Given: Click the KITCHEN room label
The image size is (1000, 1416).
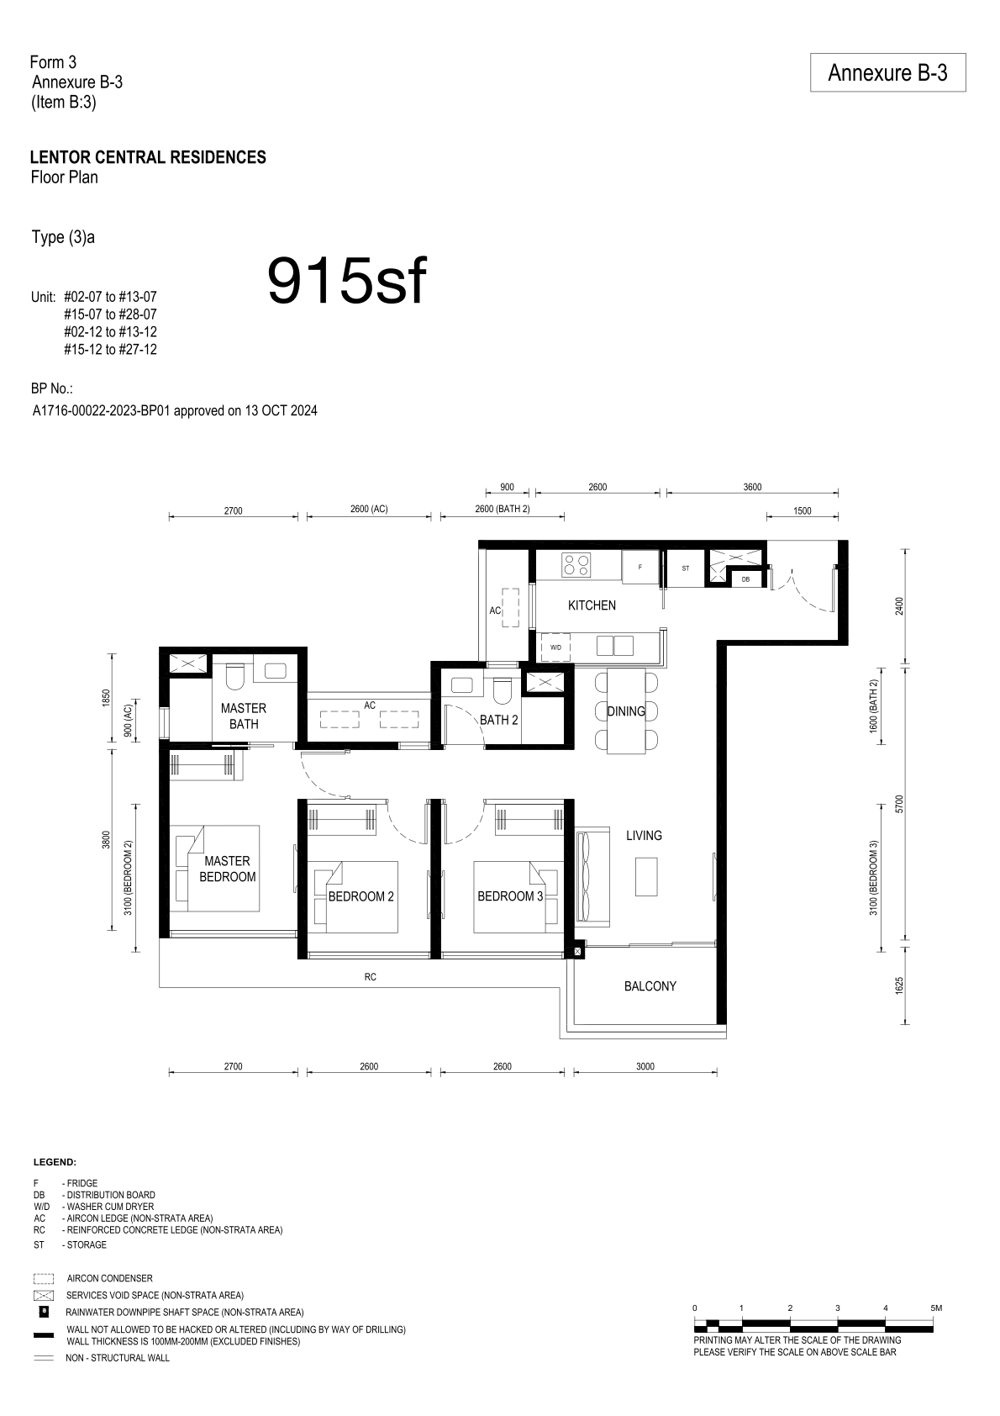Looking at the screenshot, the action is pos(592,605).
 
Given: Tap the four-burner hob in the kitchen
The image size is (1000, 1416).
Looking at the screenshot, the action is pos(576,564).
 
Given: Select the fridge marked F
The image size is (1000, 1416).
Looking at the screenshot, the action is pos(640,567).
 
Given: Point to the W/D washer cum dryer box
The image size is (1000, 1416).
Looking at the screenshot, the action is pos(556,647).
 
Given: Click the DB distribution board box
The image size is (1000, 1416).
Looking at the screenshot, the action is pos(745,579).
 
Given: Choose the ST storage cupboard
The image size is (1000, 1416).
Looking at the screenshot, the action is pos(686,568).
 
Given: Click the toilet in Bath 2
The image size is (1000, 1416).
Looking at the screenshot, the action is pos(503,690).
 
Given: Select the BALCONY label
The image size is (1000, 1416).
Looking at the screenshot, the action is pos(650,986).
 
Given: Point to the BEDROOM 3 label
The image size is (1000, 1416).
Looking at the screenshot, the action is pos(510,896).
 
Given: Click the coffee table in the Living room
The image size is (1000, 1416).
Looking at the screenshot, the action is pos(646,877).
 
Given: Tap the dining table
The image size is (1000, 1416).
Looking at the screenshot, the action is pos(626,711).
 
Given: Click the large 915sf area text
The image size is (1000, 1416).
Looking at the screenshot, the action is pos(347,281).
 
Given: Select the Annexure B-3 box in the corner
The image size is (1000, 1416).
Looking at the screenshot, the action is pos(887,72).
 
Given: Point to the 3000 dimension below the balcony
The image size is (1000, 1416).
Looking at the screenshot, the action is pos(645,1066).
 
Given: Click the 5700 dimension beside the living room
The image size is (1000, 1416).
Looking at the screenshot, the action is pos(899,804).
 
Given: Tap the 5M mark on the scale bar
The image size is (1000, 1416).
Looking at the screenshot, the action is pos(936,1308).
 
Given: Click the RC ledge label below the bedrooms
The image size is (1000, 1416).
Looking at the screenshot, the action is pos(371,977).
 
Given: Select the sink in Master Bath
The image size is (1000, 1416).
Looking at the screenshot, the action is pos(276,670).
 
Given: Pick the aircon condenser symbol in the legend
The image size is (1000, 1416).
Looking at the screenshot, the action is pos(44,1278).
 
